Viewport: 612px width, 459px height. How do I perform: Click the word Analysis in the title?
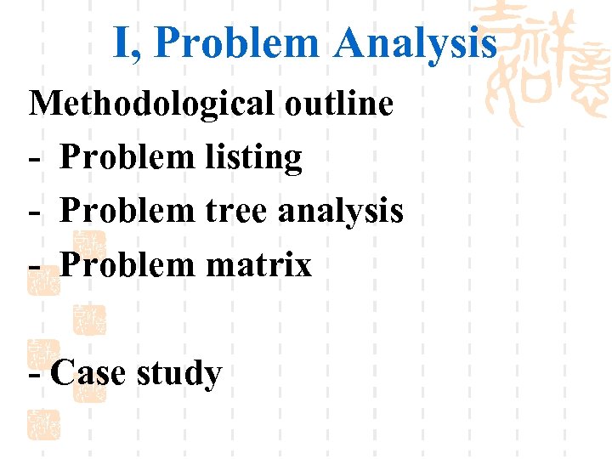(x=415, y=42)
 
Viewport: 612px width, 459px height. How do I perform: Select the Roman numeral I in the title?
(x=122, y=42)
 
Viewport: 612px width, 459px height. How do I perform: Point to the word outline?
(x=339, y=104)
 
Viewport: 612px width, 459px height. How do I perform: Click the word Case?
(x=88, y=372)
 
